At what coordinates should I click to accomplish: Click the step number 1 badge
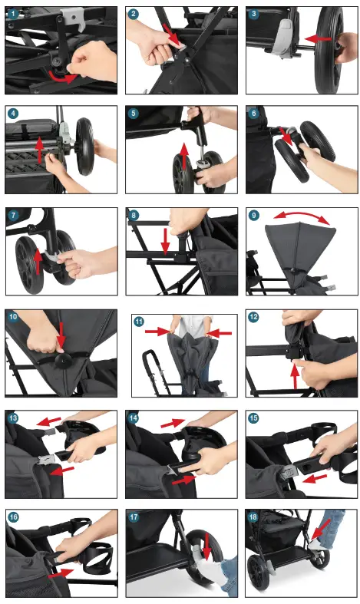(x=13, y=15)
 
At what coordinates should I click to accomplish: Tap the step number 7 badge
(x=13, y=215)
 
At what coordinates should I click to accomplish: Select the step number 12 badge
(x=253, y=317)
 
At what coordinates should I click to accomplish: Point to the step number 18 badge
(x=253, y=517)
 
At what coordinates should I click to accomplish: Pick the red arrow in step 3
(x=318, y=38)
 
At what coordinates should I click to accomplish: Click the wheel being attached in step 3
(x=329, y=50)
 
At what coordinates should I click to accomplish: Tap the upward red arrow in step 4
(x=39, y=150)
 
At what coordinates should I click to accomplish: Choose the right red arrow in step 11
(x=220, y=332)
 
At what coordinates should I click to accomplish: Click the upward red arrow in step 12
(x=296, y=377)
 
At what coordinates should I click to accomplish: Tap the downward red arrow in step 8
(x=165, y=242)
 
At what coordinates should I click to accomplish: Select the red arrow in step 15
(x=315, y=479)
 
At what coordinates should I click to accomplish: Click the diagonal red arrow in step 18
(x=321, y=530)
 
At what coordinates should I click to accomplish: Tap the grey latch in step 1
(x=74, y=18)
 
